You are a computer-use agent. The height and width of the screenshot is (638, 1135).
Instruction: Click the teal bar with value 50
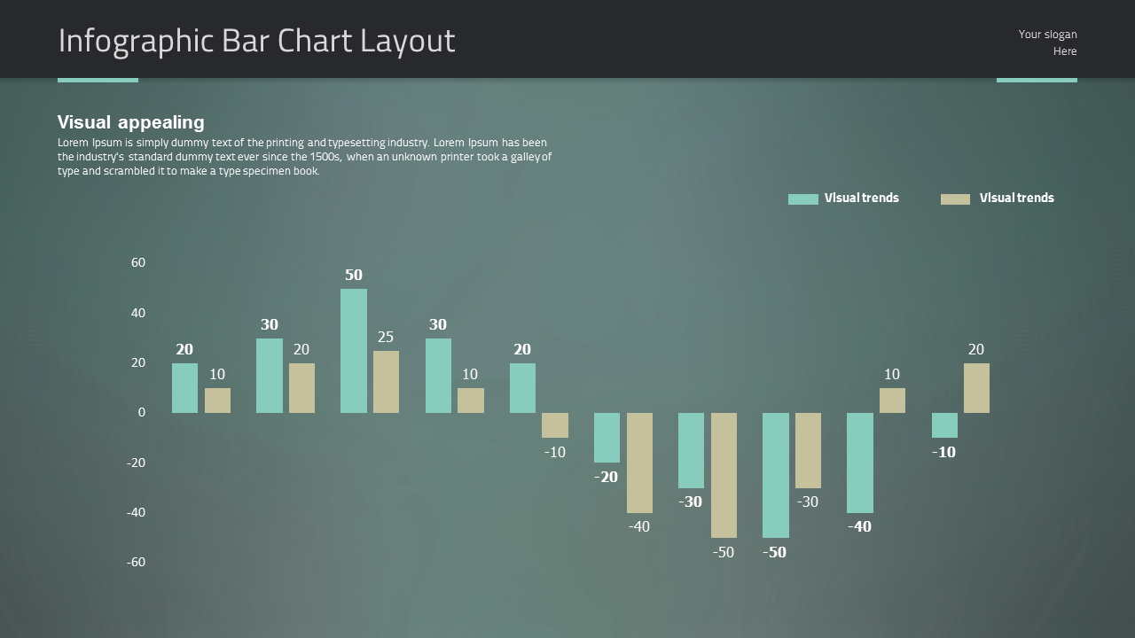353,351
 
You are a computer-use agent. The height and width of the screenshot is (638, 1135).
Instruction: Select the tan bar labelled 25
386,382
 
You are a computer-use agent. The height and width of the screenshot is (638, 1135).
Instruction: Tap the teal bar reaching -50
775,475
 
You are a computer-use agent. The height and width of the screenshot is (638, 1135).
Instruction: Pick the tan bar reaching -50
724,475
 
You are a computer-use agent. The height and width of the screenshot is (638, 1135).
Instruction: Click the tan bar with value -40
639,463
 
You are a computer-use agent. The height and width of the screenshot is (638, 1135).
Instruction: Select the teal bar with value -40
859,463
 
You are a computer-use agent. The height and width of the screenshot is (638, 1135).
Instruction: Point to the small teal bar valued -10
944,425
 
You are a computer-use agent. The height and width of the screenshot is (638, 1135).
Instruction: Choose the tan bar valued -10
555,425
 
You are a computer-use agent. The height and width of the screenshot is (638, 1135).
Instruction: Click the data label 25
385,338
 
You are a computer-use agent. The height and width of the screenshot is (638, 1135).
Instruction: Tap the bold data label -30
690,502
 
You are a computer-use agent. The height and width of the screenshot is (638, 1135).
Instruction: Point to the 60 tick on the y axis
138,263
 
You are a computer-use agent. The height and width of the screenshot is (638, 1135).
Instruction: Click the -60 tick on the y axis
136,563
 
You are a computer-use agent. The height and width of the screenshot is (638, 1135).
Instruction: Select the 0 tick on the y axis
141,413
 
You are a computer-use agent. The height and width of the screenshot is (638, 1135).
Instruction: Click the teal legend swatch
802,199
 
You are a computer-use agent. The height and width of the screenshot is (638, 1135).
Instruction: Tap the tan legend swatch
955,199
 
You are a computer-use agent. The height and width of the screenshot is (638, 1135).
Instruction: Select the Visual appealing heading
131,122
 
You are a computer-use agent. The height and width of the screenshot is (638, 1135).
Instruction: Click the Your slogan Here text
1048,43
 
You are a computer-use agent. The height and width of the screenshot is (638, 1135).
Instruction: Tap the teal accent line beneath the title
98,81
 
